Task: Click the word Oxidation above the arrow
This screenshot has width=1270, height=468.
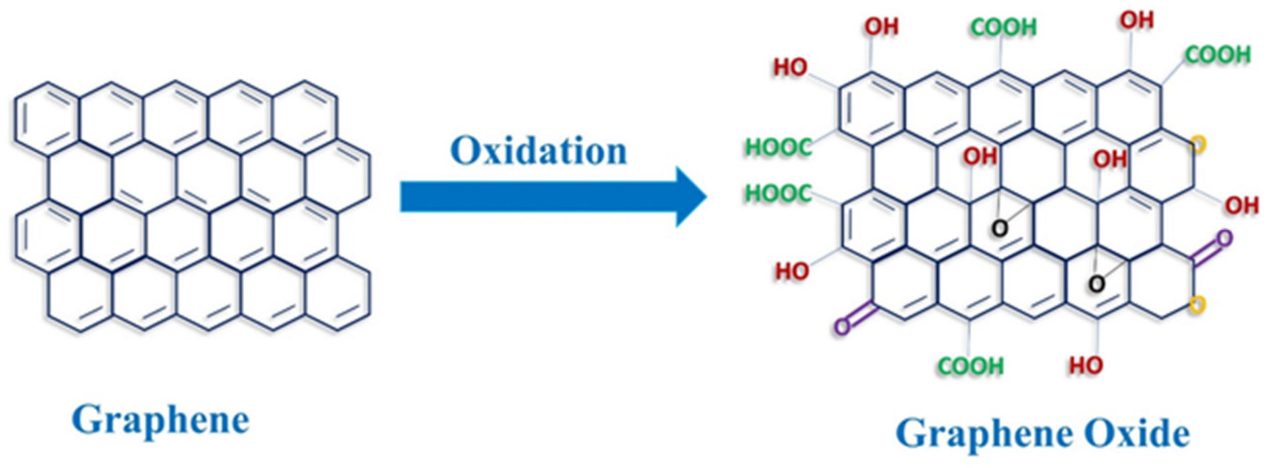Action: pyautogui.click(x=538, y=151)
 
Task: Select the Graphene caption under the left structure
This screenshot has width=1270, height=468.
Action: pyautogui.click(x=161, y=420)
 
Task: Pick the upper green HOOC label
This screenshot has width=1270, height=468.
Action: pyautogui.click(x=778, y=148)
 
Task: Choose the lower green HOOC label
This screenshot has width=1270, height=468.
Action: pyautogui.click(x=778, y=194)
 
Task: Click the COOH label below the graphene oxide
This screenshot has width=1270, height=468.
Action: pyautogui.click(x=971, y=366)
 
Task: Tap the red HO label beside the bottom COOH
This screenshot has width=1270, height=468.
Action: pyautogui.click(x=1086, y=366)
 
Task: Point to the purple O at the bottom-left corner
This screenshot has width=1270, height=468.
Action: pyautogui.click(x=842, y=327)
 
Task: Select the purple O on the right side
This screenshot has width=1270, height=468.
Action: pyautogui.click(x=1224, y=239)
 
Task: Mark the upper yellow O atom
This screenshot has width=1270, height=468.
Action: pyautogui.click(x=1198, y=144)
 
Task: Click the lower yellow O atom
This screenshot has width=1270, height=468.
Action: pyautogui.click(x=1197, y=304)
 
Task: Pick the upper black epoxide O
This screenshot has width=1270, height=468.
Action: pyautogui.click(x=999, y=228)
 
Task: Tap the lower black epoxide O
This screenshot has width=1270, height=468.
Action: pyautogui.click(x=1096, y=284)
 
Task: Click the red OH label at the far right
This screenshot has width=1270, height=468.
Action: pyautogui.click(x=1242, y=206)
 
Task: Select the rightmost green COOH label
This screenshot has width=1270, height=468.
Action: pyautogui.click(x=1218, y=55)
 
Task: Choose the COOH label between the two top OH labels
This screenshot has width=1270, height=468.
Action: pyautogui.click(x=1004, y=27)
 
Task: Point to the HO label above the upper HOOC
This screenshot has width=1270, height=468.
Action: pyautogui.click(x=790, y=67)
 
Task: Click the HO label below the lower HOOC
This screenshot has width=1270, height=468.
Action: pyautogui.click(x=791, y=271)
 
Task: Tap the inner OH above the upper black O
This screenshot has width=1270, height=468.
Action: pyautogui.click(x=980, y=156)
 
